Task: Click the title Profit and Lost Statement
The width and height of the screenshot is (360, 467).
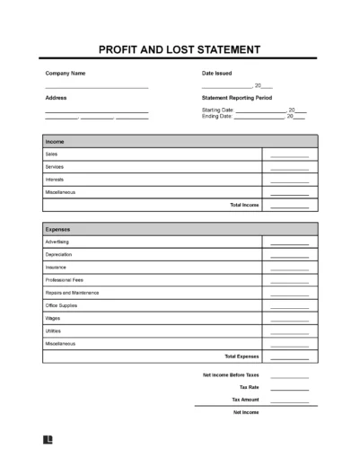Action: pyautogui.click(x=180, y=49)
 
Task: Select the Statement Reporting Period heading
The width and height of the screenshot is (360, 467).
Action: pyautogui.click(x=237, y=97)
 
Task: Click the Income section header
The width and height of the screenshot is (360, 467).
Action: pyautogui.click(x=55, y=141)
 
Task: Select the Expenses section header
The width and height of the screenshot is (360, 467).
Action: pyautogui.click(x=58, y=229)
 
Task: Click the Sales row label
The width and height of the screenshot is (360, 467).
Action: pyautogui.click(x=51, y=154)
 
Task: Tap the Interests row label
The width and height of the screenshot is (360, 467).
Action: pyautogui.click(x=55, y=179)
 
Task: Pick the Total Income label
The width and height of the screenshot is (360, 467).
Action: pyautogui.click(x=245, y=205)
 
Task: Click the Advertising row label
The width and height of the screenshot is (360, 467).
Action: pyautogui.click(x=57, y=242)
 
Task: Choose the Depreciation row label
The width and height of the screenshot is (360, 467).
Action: pyautogui.click(x=59, y=254)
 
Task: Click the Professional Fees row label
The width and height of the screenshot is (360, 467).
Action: pyautogui.click(x=65, y=279)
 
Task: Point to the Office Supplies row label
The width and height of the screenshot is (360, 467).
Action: pyautogui.click(x=62, y=305)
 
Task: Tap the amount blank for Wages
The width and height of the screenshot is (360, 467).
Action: pyautogui.click(x=289, y=320)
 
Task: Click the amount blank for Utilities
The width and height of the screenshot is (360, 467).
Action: pyautogui.click(x=289, y=332)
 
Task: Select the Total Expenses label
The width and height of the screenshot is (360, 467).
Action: pyautogui.click(x=241, y=356)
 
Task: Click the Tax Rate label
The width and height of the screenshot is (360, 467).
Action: pyautogui.click(x=249, y=387)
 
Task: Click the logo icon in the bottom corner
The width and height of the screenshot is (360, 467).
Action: pyautogui.click(x=48, y=440)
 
